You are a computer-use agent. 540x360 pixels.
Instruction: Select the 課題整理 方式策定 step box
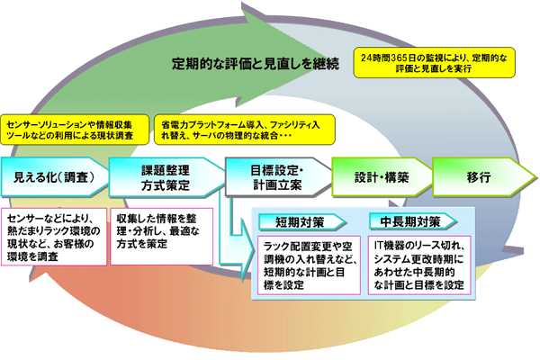click(x=162, y=177)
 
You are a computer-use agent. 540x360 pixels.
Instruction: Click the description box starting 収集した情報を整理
click(x=162, y=230)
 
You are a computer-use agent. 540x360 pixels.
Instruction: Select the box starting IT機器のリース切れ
click(x=418, y=265)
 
